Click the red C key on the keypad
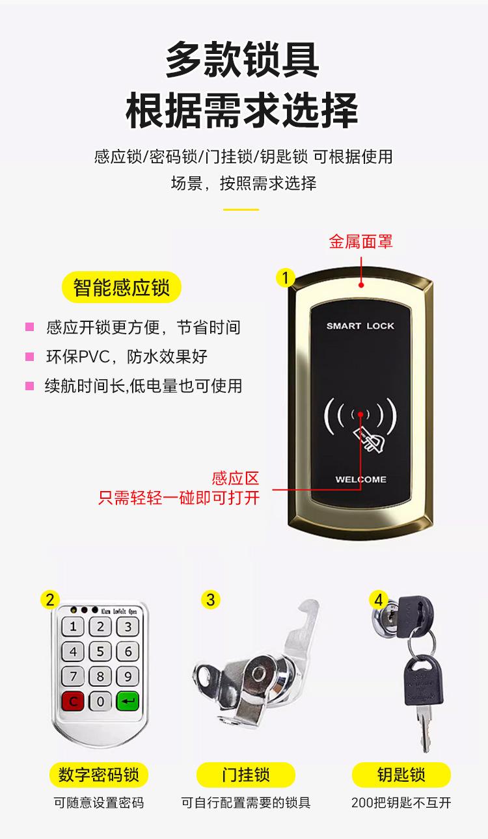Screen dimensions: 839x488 (73, 702)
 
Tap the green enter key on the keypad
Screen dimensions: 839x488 (128, 702)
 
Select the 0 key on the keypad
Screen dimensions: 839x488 (100, 702)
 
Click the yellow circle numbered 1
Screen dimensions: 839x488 (285, 278)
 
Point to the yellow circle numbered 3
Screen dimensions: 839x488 (210, 599)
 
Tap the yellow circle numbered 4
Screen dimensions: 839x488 (379, 599)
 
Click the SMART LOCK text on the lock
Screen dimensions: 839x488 (360, 326)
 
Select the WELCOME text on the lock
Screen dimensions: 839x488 (360, 479)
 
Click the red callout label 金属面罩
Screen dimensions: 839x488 (360, 242)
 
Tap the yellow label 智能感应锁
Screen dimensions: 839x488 (121, 287)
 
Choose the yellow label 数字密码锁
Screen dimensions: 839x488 (99, 775)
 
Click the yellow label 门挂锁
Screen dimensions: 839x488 (245, 775)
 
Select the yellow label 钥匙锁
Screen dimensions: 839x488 (401, 775)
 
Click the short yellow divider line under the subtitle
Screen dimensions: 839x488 (241, 209)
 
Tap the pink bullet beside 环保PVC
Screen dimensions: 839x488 (29, 356)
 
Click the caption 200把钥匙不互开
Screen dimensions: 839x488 (401, 803)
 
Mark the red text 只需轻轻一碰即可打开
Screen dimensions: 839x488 (179, 498)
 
